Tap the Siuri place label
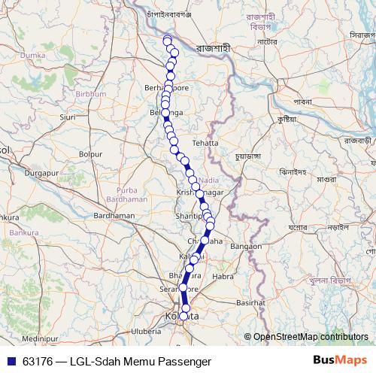pos(68,117)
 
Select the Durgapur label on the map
pos(41,173)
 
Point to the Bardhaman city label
pos(113,215)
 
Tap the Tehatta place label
pos(205,142)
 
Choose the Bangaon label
pos(246,246)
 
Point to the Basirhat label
pos(253,302)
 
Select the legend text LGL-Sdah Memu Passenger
pos(141,361)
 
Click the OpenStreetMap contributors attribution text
pos(310,337)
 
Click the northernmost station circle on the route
pos(167,39)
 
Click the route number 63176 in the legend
pos(38,361)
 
